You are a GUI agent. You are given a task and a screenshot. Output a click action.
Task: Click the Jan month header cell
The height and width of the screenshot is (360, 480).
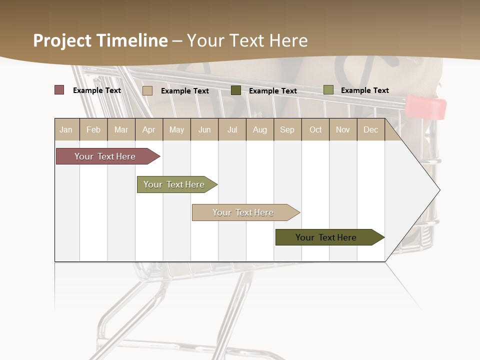(66, 129)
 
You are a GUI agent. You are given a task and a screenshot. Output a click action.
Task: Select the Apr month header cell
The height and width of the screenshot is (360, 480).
(149, 129)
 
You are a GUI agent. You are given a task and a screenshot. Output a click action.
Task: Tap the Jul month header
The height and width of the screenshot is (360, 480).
(232, 129)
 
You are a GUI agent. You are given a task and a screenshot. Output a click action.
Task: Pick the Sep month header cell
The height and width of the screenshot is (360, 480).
(287, 129)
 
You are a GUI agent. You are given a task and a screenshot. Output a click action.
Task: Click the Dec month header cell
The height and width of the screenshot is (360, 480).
(370, 129)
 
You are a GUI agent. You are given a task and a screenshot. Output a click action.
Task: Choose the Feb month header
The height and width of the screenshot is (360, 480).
(93, 129)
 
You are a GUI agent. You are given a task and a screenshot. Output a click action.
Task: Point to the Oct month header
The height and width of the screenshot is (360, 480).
(315, 129)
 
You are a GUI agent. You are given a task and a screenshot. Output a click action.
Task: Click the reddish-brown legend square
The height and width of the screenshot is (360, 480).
(59, 90)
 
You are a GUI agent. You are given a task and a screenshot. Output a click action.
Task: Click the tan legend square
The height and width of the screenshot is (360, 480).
(147, 90)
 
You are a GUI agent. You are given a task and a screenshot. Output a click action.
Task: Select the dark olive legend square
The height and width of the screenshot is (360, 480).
(236, 90)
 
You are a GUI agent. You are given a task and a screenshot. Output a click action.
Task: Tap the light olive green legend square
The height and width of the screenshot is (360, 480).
(328, 90)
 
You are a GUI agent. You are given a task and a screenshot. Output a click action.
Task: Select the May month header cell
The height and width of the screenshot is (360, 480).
(176, 129)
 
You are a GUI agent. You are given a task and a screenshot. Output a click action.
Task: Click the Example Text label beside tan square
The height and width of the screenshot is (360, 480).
(185, 91)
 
